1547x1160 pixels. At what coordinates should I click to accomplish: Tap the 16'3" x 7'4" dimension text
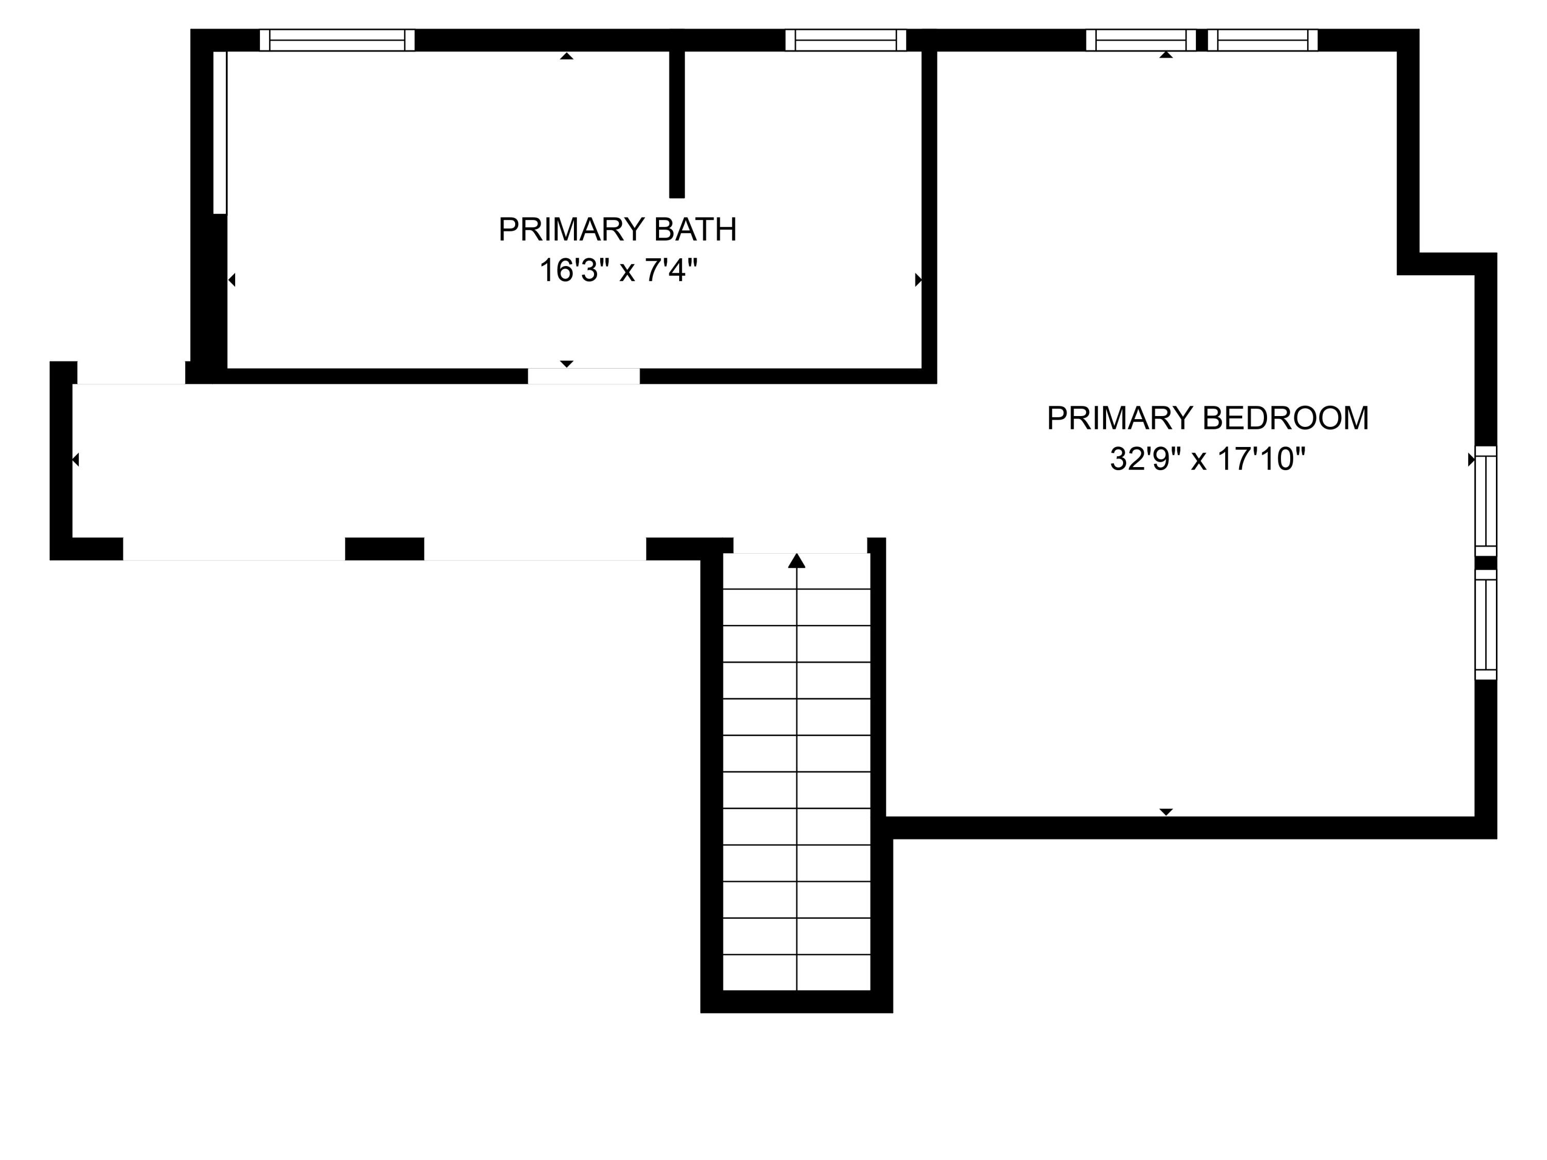click(x=618, y=270)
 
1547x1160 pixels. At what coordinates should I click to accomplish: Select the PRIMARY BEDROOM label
click(x=1207, y=418)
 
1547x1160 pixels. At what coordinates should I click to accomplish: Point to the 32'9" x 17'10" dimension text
click(x=1207, y=459)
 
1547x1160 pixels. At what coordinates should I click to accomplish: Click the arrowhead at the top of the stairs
click(x=797, y=561)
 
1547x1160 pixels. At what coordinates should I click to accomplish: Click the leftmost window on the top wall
click(x=337, y=40)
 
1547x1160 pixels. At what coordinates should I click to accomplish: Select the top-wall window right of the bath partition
click(x=846, y=40)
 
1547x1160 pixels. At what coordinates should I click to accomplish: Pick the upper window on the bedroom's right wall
click(x=1486, y=501)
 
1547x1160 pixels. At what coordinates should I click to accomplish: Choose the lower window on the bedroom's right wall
click(x=1486, y=624)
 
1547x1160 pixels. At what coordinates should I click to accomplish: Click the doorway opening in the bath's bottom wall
click(x=583, y=376)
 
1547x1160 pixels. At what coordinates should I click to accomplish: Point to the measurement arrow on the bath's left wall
click(x=232, y=279)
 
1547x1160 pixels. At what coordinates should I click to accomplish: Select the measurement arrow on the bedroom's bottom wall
click(x=1166, y=812)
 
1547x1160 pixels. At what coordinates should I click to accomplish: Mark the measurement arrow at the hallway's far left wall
click(x=75, y=459)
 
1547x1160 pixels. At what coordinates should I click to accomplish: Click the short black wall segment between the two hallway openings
click(x=385, y=549)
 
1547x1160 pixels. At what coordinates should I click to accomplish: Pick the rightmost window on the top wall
click(x=1262, y=40)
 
